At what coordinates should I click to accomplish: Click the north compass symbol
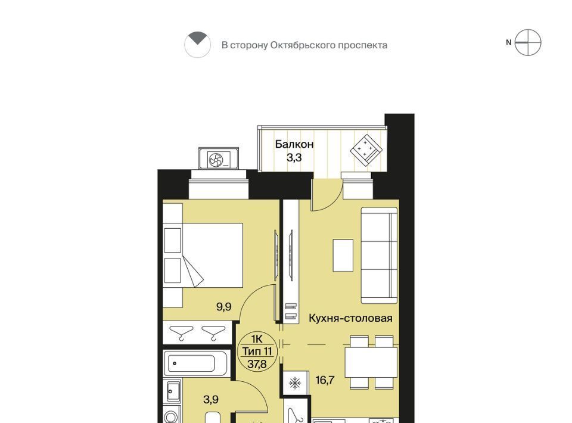(x=527, y=43)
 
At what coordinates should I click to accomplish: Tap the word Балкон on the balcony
(x=294, y=144)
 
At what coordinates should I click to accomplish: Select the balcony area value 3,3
(x=294, y=158)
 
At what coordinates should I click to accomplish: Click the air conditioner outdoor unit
(x=218, y=158)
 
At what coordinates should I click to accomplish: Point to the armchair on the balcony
(x=366, y=150)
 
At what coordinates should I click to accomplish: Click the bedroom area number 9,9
(x=223, y=306)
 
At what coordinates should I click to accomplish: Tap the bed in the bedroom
(x=203, y=255)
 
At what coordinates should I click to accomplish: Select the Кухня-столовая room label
(x=350, y=318)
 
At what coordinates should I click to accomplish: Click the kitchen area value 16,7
(x=325, y=380)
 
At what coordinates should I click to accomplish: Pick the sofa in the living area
(x=379, y=255)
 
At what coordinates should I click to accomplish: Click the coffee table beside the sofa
(x=343, y=255)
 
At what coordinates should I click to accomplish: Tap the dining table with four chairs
(x=371, y=362)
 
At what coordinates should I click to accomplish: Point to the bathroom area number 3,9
(x=211, y=399)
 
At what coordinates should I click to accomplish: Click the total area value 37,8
(x=257, y=363)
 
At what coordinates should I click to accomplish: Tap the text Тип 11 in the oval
(x=257, y=351)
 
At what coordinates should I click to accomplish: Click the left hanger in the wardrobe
(x=182, y=332)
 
